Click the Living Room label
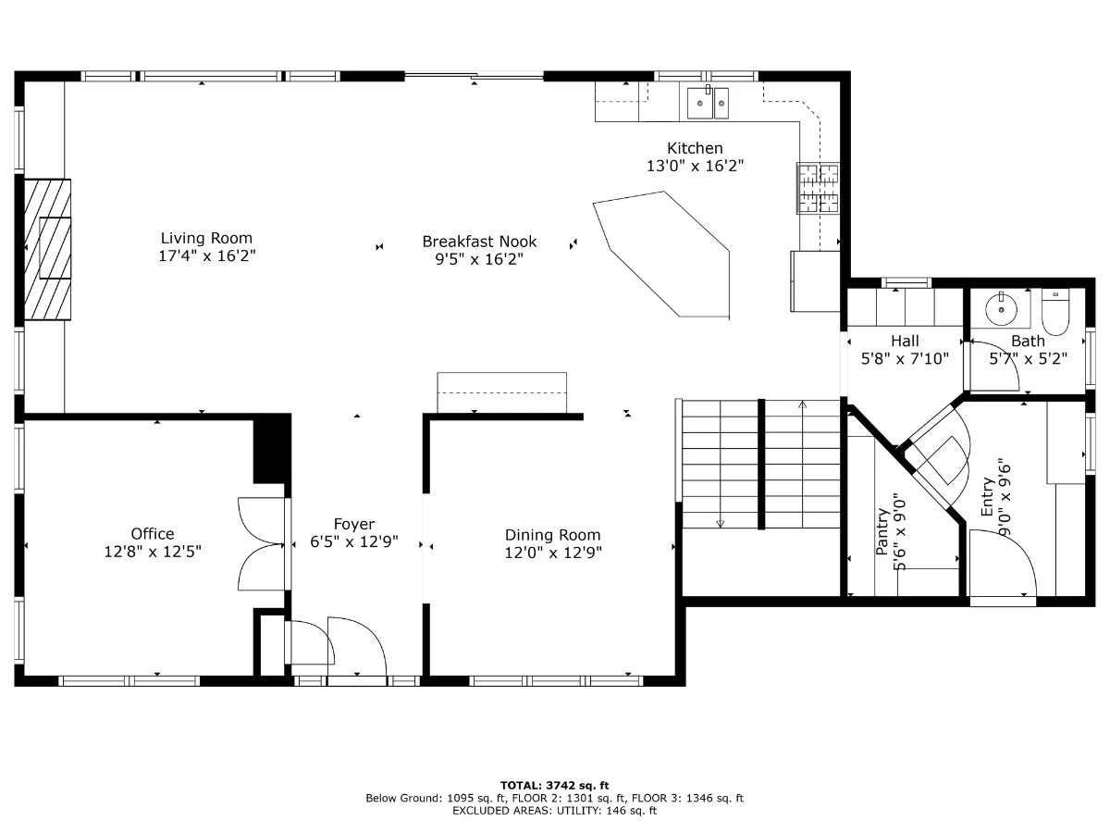pos(206,238)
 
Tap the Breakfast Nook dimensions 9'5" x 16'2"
pos(479,259)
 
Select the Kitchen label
pos(695,148)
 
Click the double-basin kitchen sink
pos(708,103)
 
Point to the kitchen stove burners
pos(818,188)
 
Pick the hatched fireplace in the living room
pos(47,249)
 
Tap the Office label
pos(153,534)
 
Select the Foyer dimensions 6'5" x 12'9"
pos(354,541)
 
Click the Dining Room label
pos(553,535)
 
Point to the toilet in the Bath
pos(1055,312)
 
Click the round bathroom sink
pos(1001,309)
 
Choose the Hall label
pos(905,341)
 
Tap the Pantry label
pos(882,531)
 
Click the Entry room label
pos(987,497)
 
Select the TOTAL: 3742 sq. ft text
pos(554,786)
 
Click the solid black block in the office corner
pos(272,449)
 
